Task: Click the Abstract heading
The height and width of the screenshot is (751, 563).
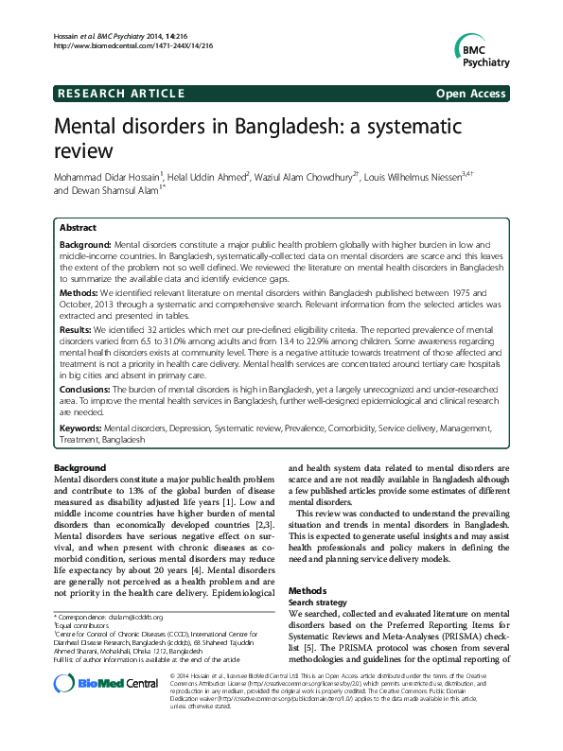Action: pos(78,228)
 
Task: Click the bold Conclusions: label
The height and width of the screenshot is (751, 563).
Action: pos(86,388)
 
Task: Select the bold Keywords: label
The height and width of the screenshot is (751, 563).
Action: pos(82,428)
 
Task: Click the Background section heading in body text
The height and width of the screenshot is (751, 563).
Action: pos(79,468)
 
